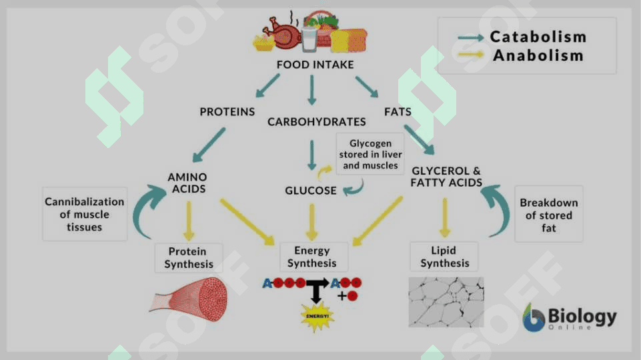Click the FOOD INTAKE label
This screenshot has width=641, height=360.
[315, 65]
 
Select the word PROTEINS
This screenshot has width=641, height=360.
[227, 111]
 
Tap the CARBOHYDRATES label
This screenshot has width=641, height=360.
[316, 122]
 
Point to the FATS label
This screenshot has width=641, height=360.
[398, 111]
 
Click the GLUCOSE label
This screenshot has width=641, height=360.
[311, 191]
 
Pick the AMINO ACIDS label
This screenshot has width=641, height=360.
[187, 183]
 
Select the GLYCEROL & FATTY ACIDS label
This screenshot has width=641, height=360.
[446, 177]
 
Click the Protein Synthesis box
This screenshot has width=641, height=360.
[189, 258]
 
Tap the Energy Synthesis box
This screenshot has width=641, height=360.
[313, 257]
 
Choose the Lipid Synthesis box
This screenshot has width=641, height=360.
[444, 257]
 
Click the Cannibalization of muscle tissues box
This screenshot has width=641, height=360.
[85, 214]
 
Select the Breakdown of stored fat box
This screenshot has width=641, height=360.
[548, 214]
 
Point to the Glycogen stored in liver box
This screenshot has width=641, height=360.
[370, 154]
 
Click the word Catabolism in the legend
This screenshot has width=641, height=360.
[538, 37]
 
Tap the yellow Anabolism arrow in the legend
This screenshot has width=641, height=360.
[471, 54]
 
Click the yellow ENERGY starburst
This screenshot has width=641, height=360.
[317, 316]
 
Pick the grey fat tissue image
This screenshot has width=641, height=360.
[446, 303]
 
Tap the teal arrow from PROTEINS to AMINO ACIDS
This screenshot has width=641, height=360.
[209, 145]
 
